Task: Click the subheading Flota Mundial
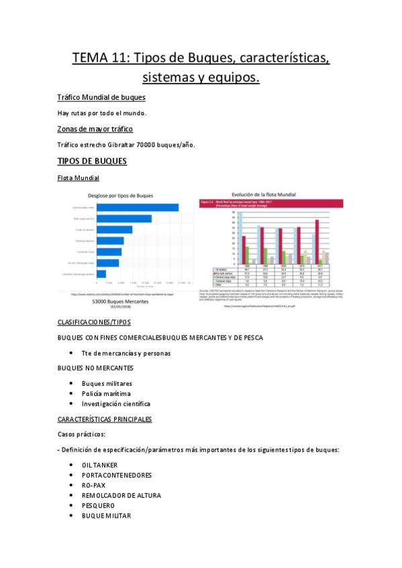[x=79, y=178]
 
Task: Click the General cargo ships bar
[x=138, y=208]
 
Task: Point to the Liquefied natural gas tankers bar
[x=101, y=273]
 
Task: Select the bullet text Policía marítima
[x=106, y=393]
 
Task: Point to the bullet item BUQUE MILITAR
[x=106, y=516]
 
